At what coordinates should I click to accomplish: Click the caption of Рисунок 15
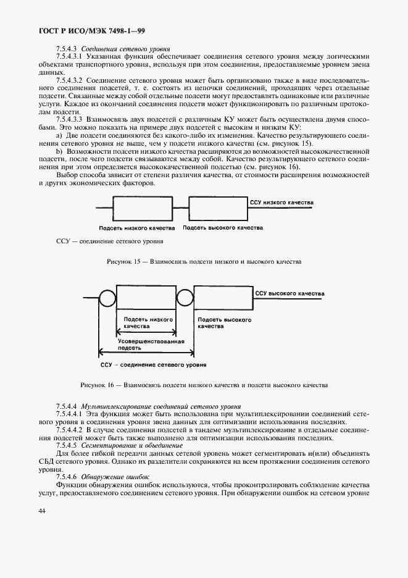tap(204, 262)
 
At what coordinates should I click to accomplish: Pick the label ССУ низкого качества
tap(281, 202)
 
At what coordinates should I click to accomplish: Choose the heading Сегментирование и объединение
tap(134, 445)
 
